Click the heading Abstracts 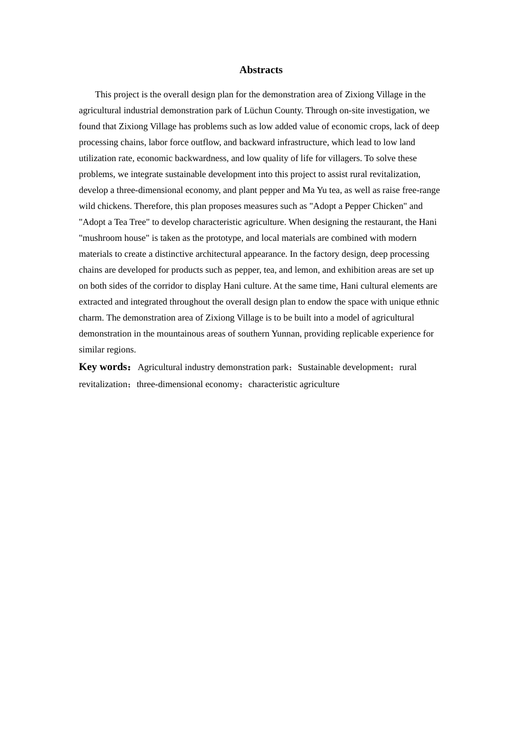click(260, 70)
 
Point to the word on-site click(355, 111)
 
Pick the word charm click(91, 318)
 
